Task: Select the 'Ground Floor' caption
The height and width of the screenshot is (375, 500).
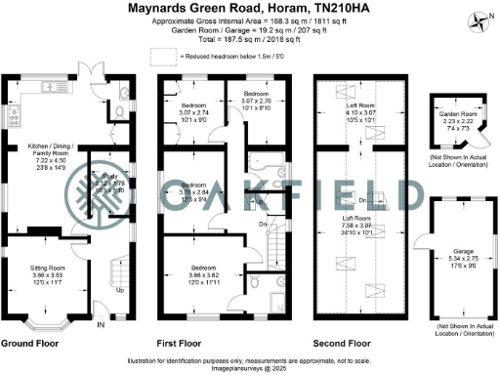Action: (33, 344)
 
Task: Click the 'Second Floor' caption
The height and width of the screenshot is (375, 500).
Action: (341, 344)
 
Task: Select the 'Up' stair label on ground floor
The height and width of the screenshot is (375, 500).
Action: (120, 290)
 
